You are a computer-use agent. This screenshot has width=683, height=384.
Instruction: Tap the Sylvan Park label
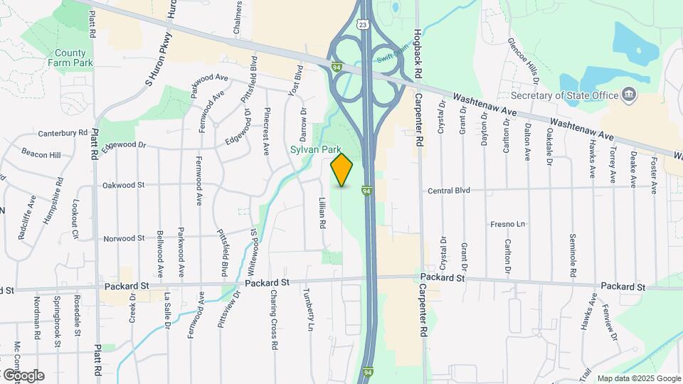[315, 150]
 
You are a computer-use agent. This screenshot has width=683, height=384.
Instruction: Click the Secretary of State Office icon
[629, 95]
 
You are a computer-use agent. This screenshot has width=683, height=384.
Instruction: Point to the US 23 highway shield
[364, 24]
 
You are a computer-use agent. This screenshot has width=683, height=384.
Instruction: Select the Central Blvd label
[450, 191]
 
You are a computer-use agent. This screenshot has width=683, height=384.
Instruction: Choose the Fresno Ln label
[507, 224]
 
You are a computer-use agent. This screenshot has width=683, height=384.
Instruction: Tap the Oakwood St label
[124, 185]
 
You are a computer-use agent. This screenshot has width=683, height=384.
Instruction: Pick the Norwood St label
[124, 238]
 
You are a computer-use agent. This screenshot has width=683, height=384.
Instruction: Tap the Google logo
[23, 375]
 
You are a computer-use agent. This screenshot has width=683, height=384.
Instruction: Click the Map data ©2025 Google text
[638, 378]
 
